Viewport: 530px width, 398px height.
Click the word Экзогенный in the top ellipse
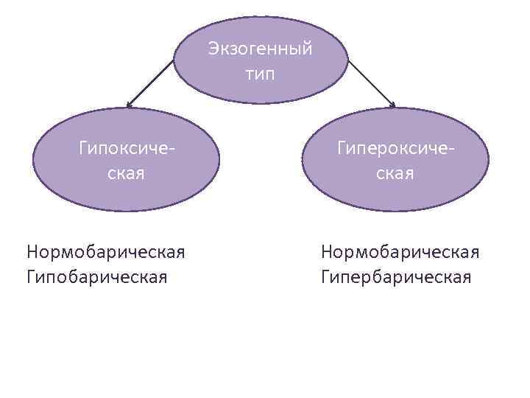[x=260, y=49]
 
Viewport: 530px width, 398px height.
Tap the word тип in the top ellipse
[x=260, y=74]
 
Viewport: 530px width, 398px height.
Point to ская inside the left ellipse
[x=127, y=174]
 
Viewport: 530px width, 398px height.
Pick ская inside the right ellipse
[x=396, y=174]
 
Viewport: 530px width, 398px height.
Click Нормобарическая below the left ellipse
[x=105, y=252]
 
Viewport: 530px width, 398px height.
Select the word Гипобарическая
[x=96, y=277]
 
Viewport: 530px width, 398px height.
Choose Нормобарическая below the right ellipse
[x=400, y=252]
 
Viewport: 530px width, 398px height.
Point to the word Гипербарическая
[x=395, y=277]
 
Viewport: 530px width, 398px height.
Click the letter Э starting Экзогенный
[x=213, y=49]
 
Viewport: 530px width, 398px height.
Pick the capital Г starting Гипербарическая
[x=325, y=277]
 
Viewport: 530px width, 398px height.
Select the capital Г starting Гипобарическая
[x=31, y=277]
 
